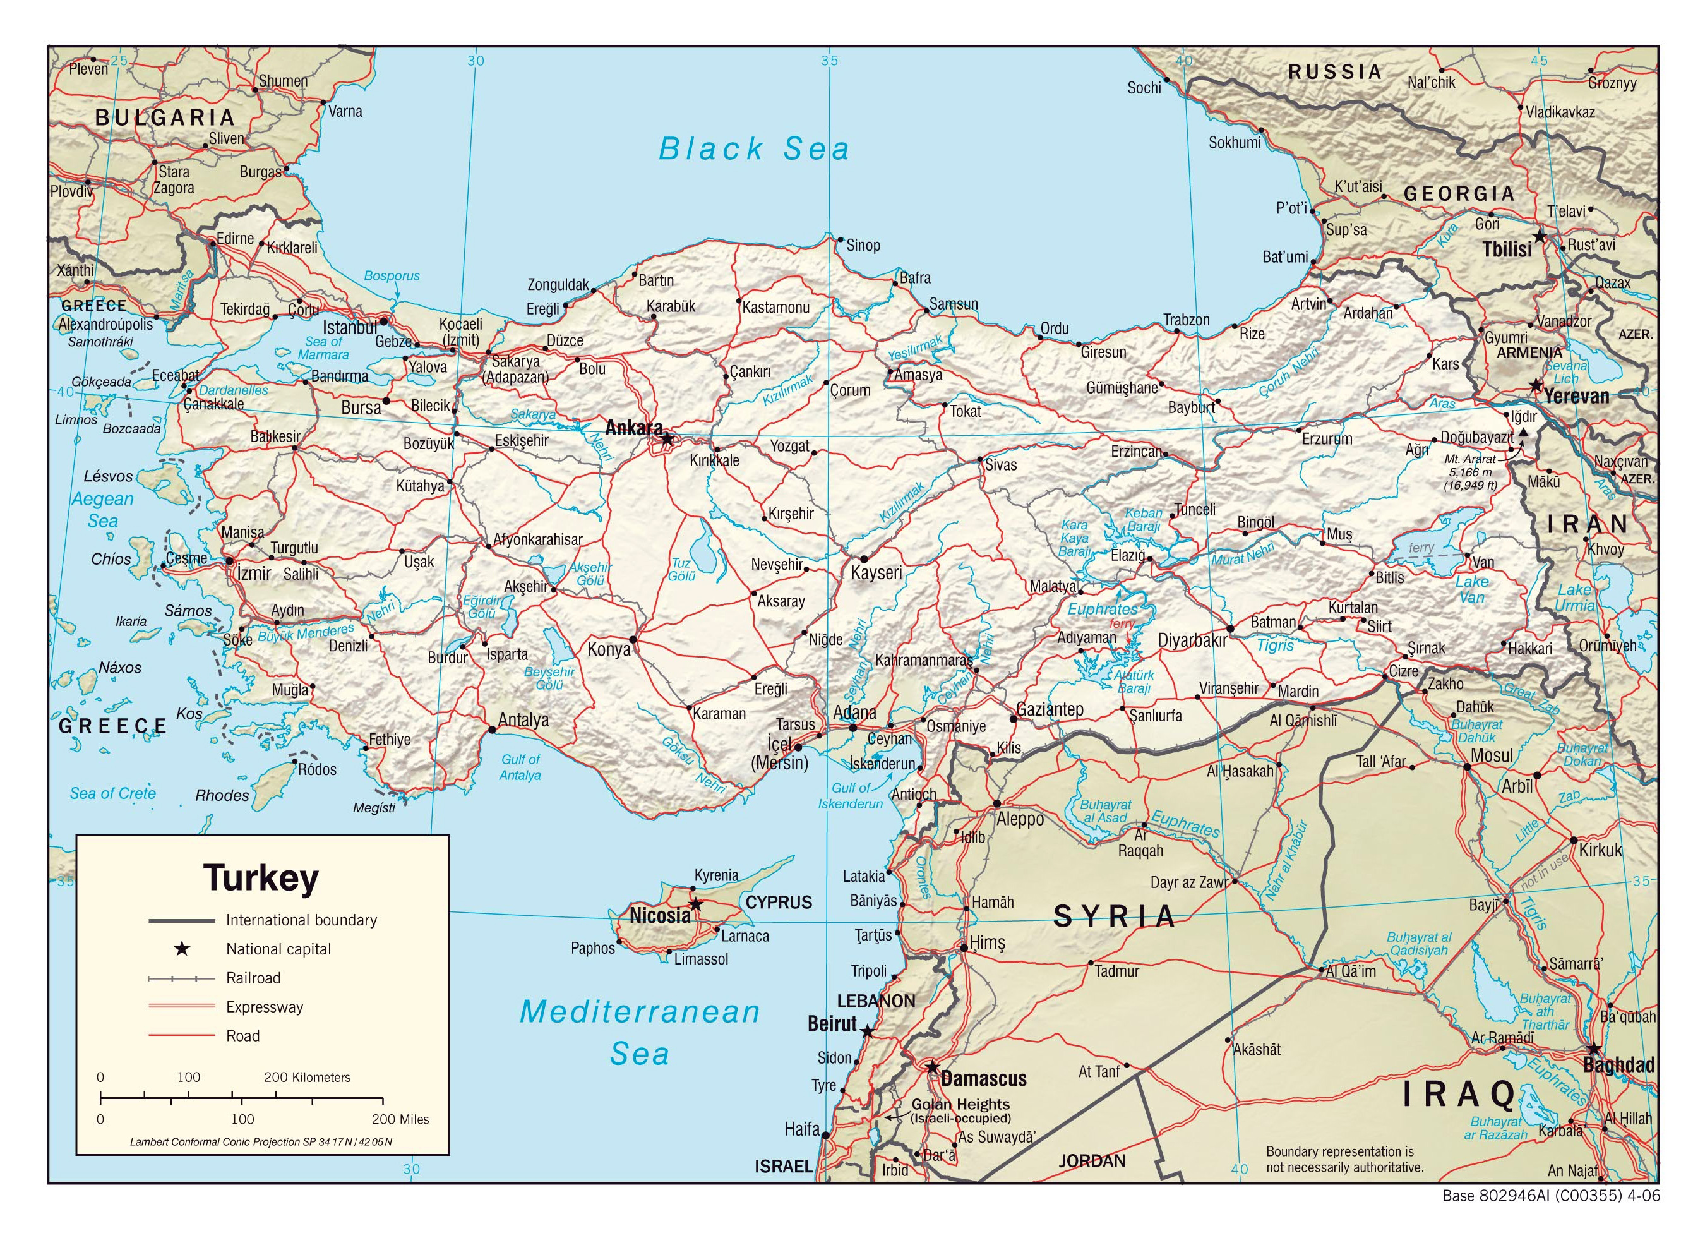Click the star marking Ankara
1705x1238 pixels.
coord(667,438)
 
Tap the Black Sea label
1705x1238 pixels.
coord(753,149)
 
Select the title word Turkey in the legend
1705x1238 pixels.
coord(261,878)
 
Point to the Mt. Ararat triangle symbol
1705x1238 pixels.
coord(1523,433)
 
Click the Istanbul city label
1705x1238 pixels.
coord(350,328)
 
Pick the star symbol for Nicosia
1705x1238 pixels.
coord(696,903)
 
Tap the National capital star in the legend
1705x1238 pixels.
coord(181,949)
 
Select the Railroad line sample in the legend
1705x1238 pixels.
coord(181,978)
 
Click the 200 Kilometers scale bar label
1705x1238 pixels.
coord(307,1077)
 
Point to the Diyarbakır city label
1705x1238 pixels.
coord(1192,641)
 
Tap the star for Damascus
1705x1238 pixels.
coord(931,1067)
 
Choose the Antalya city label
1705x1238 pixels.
coord(523,720)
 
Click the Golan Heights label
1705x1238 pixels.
coord(960,1104)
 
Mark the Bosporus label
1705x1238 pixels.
coord(392,276)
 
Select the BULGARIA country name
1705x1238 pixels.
coord(165,117)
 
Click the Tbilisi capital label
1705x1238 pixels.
coord(1507,249)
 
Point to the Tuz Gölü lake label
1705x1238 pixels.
coord(681,569)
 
